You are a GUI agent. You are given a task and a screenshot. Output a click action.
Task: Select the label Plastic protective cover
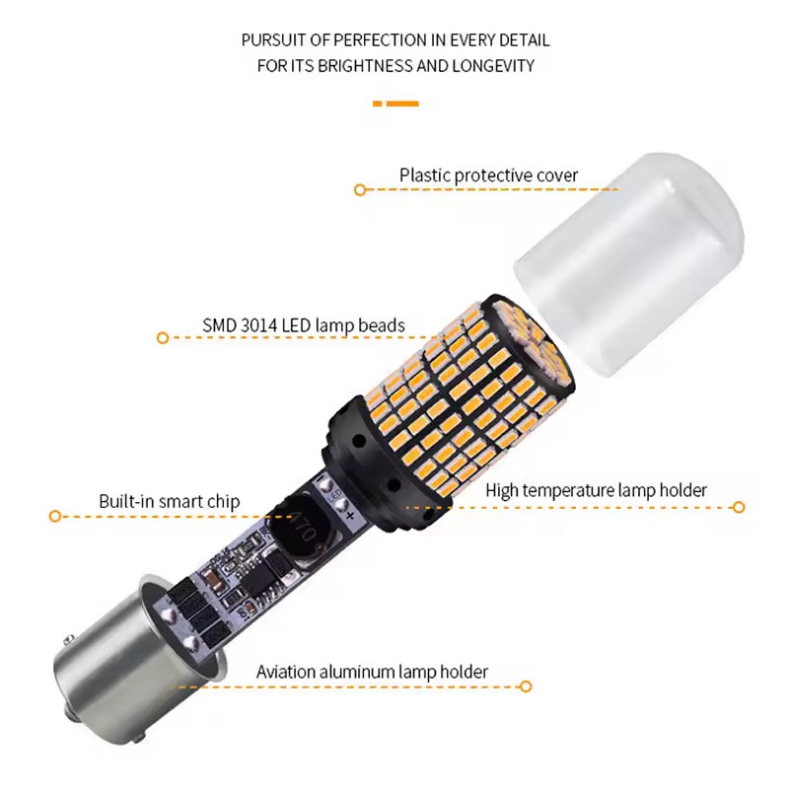point(488,176)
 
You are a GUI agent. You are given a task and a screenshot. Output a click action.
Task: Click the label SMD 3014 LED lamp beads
point(304,326)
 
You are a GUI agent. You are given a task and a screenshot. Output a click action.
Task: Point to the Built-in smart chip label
point(169,501)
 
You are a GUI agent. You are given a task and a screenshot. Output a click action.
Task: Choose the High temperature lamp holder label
point(596,490)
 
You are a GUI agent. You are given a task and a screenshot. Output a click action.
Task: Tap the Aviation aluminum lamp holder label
point(372,673)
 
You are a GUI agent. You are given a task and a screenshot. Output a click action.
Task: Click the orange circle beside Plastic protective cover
point(360,188)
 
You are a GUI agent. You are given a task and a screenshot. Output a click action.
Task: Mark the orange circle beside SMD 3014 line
point(163,337)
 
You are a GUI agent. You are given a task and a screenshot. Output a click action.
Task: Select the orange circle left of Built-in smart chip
point(55,515)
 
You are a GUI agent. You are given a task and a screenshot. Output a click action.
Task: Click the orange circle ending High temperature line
point(739,507)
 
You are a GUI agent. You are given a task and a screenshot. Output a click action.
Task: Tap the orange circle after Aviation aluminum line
point(526,685)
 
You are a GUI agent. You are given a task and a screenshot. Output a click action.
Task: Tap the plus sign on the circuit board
point(350,516)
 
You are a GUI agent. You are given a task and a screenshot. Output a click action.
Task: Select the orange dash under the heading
point(395,103)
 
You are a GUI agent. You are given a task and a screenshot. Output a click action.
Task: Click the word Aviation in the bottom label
point(286,673)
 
